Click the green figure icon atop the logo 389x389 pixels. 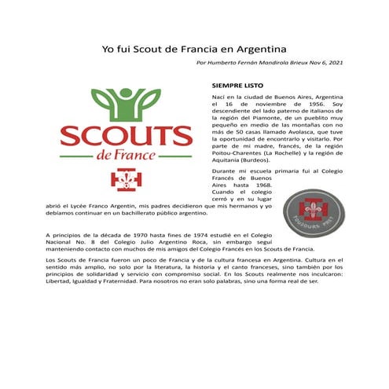point(125,101)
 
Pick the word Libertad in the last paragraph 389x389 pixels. point(61,281)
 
